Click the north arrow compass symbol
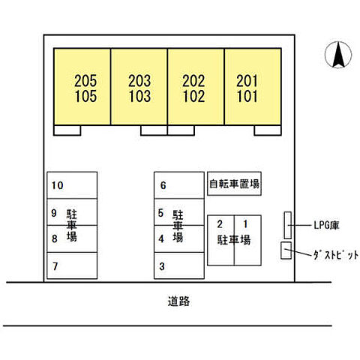tap(338, 55)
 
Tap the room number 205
tap(85, 81)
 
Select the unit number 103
tap(139, 96)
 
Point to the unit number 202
tap(193, 81)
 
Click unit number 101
tap(247, 96)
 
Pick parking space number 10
tap(57, 185)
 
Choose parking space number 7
tap(55, 266)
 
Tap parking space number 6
tap(163, 185)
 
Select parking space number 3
tap(162, 266)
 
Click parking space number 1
tap(245, 224)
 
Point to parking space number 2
tap(220, 224)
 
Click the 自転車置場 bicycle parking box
tap(234, 184)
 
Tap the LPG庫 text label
tap(326, 225)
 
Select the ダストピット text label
tap(336, 255)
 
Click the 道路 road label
tap(178, 301)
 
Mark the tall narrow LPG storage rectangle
tap(288, 225)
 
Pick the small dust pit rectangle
tap(286, 250)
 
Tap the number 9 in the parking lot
tap(54, 213)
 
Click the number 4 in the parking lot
tap(161, 238)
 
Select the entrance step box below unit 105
tap(67, 130)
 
